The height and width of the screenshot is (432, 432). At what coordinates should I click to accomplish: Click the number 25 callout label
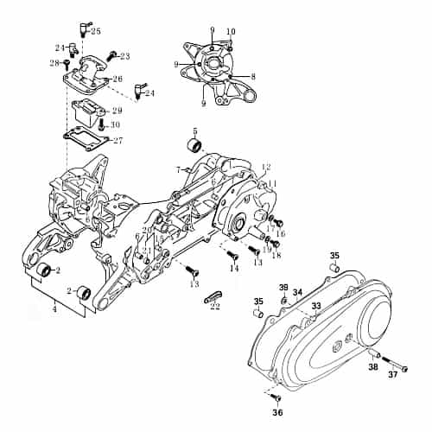(x=95, y=31)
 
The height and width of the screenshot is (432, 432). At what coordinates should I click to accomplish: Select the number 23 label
(x=124, y=56)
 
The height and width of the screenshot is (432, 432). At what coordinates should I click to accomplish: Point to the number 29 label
(x=117, y=111)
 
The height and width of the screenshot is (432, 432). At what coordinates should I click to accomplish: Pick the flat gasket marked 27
(x=86, y=137)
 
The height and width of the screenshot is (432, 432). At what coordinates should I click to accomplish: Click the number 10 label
(x=231, y=32)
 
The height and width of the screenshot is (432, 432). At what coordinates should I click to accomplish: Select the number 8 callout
(x=252, y=77)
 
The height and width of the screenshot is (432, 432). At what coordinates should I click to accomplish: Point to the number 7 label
(x=178, y=169)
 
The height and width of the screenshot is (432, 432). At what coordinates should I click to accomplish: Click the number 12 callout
(x=266, y=167)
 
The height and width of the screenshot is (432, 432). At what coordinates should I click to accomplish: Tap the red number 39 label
(x=283, y=287)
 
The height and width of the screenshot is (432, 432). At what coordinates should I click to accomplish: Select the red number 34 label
(x=297, y=292)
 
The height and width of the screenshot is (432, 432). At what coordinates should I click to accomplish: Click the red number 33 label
(x=316, y=306)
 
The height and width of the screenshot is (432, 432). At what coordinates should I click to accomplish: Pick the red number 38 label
(x=373, y=367)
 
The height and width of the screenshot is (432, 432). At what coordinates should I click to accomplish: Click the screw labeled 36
(x=276, y=397)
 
